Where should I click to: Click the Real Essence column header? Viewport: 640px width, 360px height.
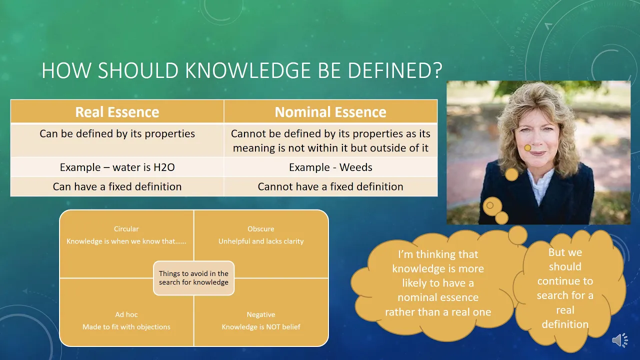click(x=117, y=111)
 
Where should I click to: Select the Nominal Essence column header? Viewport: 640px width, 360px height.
click(x=330, y=111)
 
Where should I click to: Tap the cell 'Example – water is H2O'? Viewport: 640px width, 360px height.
click(x=117, y=167)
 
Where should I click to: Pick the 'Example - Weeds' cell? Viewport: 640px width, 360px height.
click(x=330, y=167)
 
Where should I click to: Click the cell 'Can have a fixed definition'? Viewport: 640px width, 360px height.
click(x=117, y=186)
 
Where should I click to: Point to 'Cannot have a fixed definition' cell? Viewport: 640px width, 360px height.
click(x=330, y=186)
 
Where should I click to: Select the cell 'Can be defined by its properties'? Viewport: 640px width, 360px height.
click(x=117, y=140)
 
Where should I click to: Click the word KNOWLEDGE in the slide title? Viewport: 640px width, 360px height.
click(x=247, y=70)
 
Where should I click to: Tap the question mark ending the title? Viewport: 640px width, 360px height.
click(x=437, y=70)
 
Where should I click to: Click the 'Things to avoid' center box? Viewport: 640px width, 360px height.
click(x=193, y=277)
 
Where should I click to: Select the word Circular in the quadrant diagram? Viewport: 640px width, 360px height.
click(x=126, y=229)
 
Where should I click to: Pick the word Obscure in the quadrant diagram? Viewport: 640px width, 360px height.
click(x=261, y=229)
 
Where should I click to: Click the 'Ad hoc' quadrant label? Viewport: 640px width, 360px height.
click(x=126, y=314)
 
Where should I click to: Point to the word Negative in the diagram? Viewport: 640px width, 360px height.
click(x=261, y=314)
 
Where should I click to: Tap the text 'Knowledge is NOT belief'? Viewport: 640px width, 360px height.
click(x=261, y=327)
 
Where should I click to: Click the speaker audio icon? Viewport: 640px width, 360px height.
click(x=619, y=340)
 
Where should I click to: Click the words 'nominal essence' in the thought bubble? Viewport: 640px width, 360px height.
click(x=438, y=297)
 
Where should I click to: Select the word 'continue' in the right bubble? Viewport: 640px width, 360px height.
click(x=565, y=281)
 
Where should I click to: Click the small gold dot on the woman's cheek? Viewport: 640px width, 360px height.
click(x=527, y=147)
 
